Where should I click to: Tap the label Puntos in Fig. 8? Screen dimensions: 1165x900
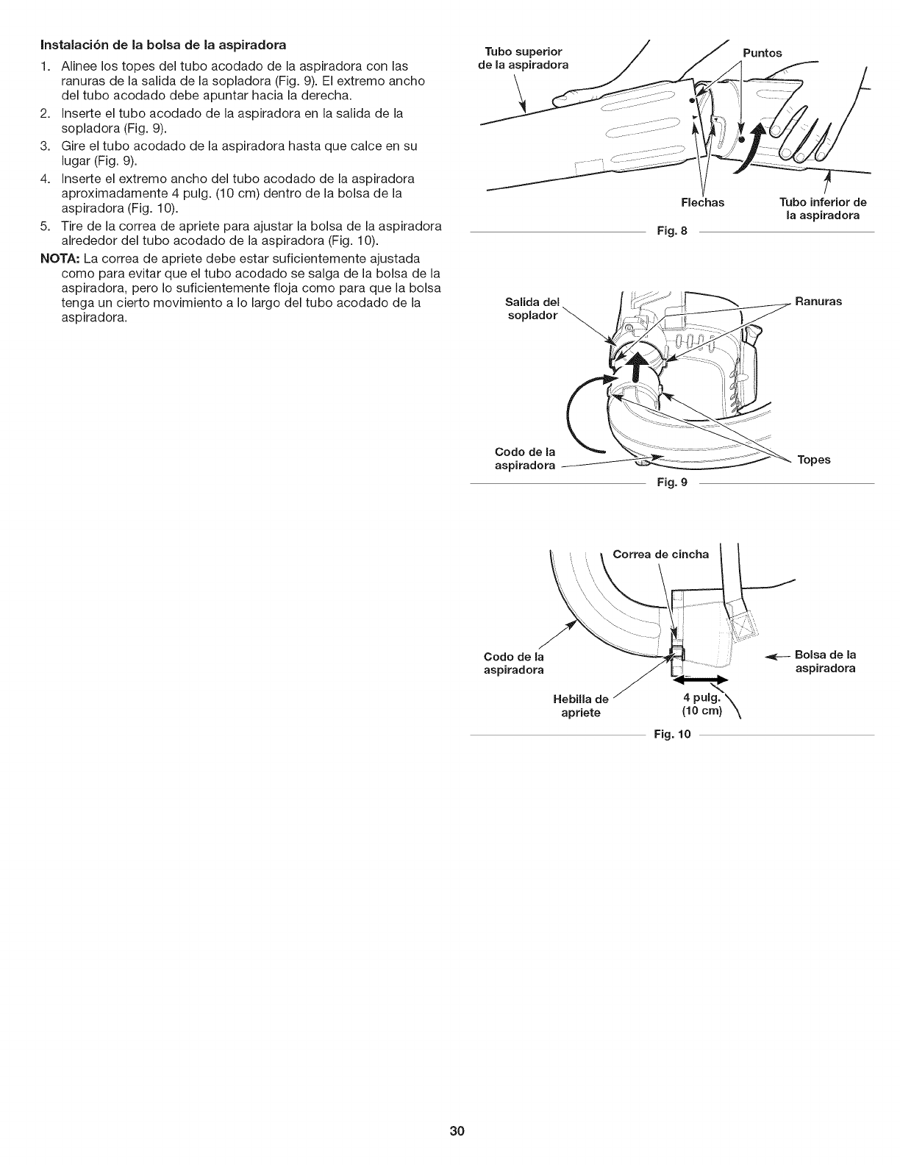coord(762,53)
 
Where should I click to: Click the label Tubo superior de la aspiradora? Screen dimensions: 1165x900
coord(524,57)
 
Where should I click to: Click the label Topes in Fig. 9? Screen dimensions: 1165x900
coord(814,460)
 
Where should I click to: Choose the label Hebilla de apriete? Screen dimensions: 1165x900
coord(581,706)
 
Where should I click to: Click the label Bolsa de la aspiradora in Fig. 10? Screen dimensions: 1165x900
coord(826,661)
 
